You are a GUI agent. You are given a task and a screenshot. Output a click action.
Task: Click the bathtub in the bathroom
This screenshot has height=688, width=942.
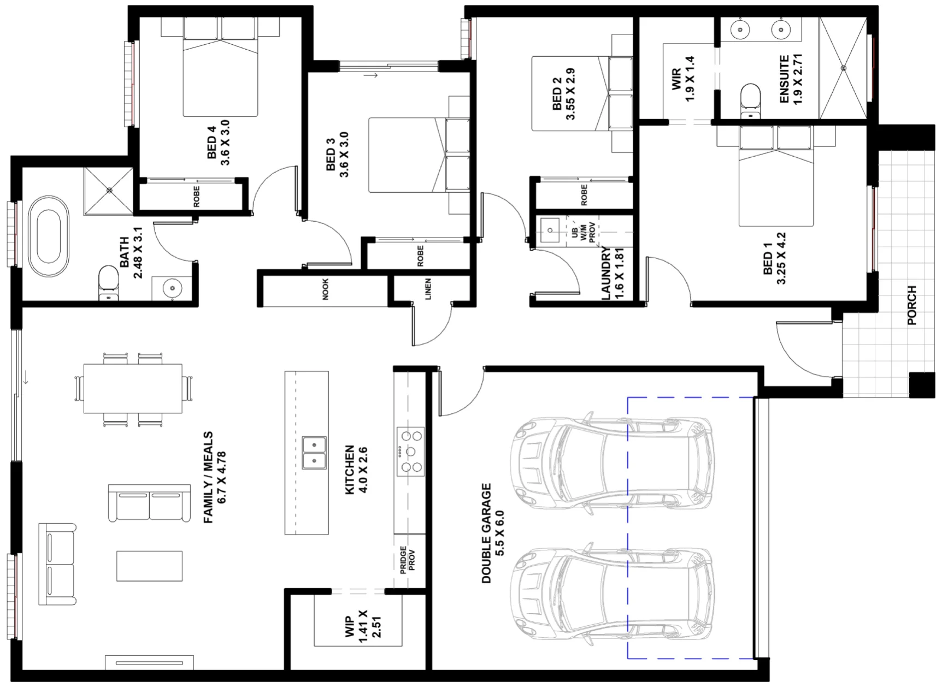click(49, 236)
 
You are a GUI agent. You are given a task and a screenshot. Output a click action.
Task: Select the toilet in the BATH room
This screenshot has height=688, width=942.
click(108, 283)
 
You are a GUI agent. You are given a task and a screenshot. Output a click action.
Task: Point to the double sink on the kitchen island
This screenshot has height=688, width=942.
click(315, 453)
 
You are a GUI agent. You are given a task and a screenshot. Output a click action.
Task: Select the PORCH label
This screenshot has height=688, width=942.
click(911, 306)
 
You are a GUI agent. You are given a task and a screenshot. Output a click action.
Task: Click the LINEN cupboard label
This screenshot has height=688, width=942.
click(428, 289)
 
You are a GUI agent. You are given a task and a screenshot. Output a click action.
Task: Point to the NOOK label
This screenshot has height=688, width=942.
click(326, 289)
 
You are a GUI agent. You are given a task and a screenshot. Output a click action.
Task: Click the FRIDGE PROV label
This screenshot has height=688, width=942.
click(408, 560)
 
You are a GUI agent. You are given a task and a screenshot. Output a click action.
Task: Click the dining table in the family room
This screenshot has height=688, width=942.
click(133, 388)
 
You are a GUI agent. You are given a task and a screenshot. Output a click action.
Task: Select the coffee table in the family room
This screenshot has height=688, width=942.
click(149, 566)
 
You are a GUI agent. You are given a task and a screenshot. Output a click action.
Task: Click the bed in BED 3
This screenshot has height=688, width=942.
click(419, 155)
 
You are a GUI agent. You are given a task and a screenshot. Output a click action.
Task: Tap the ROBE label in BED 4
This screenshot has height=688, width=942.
click(197, 197)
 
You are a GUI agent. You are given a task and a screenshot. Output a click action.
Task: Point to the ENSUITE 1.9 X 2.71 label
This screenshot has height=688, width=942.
click(790, 79)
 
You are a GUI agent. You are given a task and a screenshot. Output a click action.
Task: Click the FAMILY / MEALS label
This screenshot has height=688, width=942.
click(214, 478)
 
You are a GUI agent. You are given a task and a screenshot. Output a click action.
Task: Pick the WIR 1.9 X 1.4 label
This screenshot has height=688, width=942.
click(683, 79)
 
